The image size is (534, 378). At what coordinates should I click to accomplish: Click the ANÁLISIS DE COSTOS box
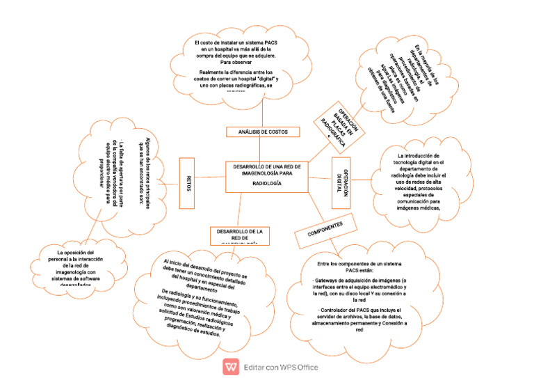click(x=264, y=132)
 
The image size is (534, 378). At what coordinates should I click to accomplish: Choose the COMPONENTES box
click(x=325, y=230)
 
